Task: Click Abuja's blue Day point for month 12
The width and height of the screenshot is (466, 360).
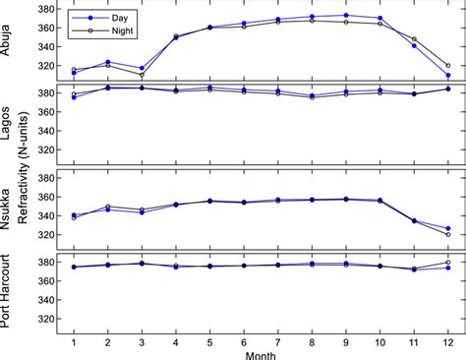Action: (447, 75)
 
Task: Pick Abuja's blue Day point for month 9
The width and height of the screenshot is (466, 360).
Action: (345, 15)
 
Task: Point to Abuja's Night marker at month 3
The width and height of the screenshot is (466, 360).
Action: (142, 75)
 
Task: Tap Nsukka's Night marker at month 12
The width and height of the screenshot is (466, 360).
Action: (447, 234)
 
